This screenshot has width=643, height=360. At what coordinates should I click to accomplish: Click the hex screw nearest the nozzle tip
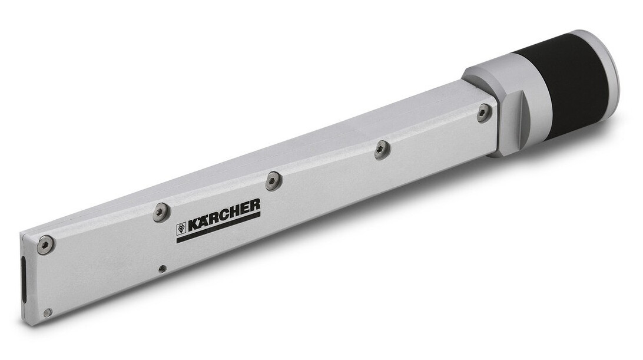point(45,245)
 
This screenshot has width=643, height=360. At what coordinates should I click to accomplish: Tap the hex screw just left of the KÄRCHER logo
point(161,212)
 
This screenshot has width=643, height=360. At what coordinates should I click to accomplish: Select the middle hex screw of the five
point(272,180)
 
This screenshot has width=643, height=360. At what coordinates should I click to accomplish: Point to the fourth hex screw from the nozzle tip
point(382,150)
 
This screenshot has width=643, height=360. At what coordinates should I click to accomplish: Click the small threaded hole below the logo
point(163,269)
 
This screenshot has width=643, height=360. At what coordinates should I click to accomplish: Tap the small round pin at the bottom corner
point(48,313)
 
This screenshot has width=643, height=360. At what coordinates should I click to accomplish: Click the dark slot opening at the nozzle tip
point(24,280)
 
